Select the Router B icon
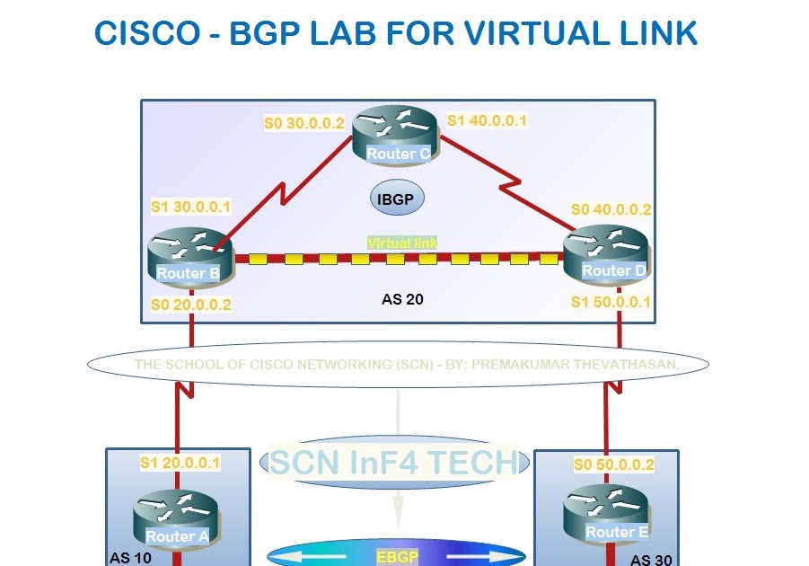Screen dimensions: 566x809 pos(188,258)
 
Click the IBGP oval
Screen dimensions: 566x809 pos(397,198)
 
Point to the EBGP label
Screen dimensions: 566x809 pos(397,557)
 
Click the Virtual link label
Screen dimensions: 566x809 pos(401,243)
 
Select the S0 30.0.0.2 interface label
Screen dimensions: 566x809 pos(303,123)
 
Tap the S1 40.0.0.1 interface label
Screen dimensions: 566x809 pos(488,119)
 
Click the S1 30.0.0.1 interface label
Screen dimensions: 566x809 pos(190,207)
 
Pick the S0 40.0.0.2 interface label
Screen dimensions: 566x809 pos(611,210)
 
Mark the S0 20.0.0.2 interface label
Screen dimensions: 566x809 pos(190,305)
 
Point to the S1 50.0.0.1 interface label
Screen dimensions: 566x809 pos(611,302)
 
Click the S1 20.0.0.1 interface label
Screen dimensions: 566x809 pos(180,463)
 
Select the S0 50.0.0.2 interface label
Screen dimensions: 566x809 pos(614,464)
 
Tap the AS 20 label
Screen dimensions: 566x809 pos(402,299)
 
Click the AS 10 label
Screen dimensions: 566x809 pos(132,558)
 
